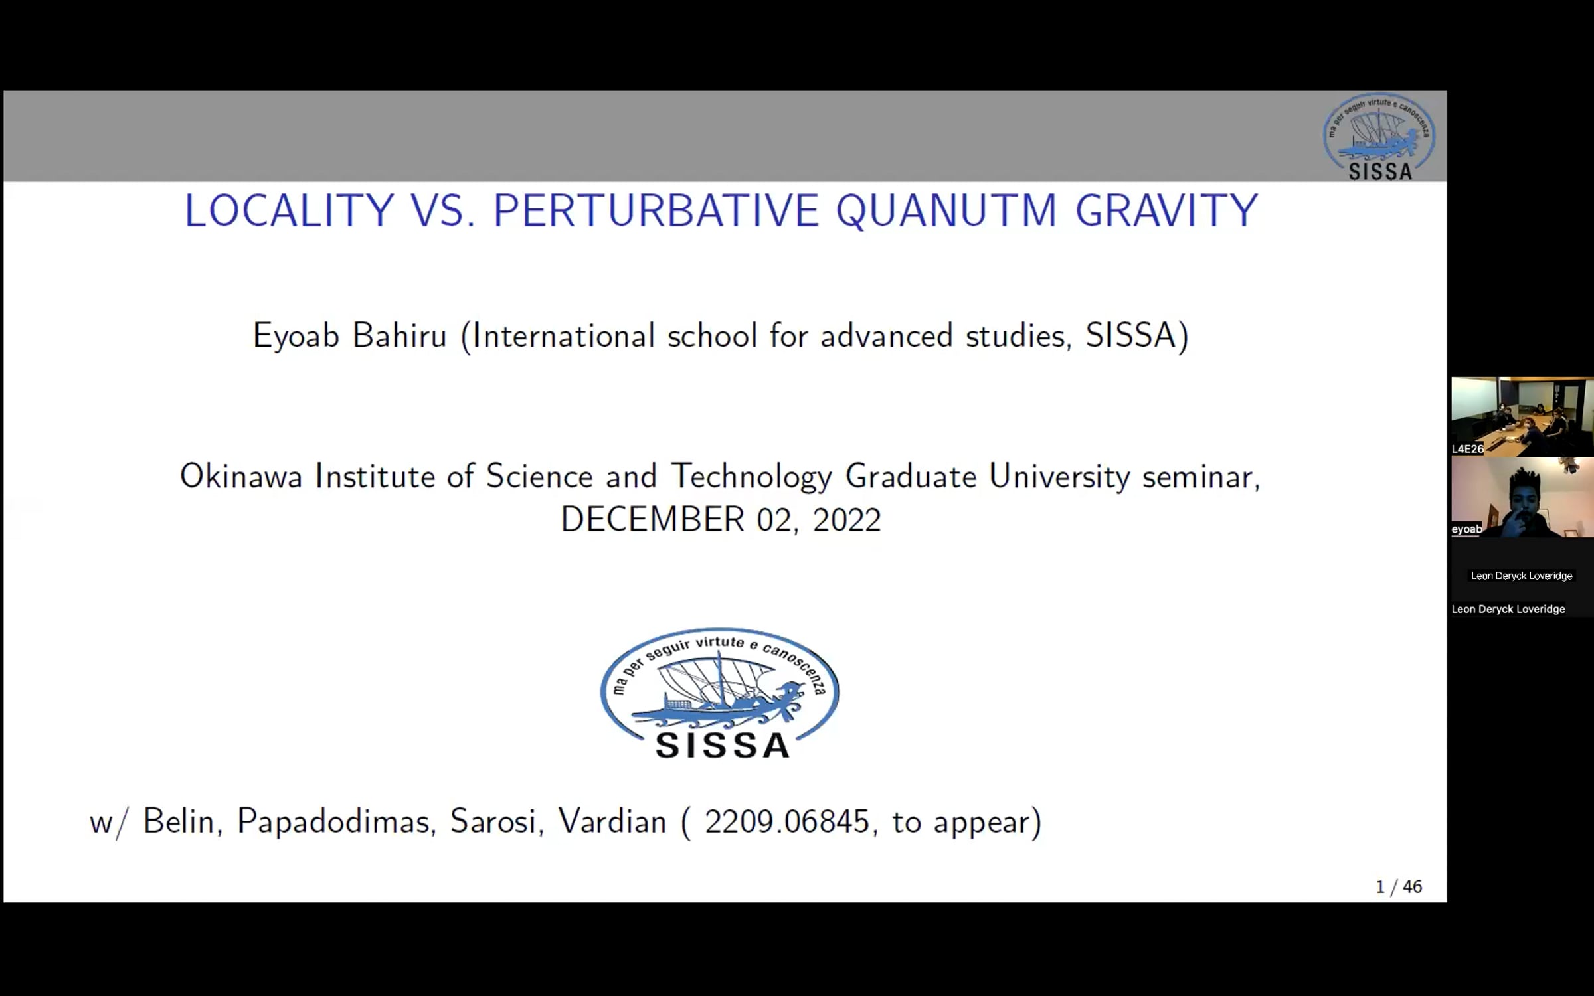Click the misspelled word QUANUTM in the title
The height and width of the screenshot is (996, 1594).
[x=946, y=211]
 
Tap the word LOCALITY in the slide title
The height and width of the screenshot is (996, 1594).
[x=289, y=210]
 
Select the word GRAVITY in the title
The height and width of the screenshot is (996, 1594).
[x=1166, y=210]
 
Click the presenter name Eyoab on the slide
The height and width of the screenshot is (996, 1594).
[x=296, y=337]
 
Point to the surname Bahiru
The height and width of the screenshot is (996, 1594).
[x=399, y=335]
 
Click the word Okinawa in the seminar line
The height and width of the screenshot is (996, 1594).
[x=241, y=476]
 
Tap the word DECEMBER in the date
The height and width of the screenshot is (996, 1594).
[x=652, y=519]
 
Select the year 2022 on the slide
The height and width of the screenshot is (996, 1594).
[x=847, y=519]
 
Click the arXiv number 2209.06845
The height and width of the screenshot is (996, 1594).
[x=786, y=821]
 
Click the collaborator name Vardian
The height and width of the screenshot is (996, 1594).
[x=612, y=821]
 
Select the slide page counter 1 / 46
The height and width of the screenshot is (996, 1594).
[x=1399, y=887]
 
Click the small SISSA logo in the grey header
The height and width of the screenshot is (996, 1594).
[x=1379, y=137]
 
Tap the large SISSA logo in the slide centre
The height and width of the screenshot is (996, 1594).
[x=720, y=693]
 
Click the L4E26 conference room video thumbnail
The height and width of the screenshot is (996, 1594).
[x=1522, y=417]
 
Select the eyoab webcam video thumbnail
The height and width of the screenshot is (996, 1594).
[x=1522, y=497]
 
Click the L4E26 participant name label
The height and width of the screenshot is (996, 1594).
[x=1467, y=449]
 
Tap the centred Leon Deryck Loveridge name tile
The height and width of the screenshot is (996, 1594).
[x=1522, y=576]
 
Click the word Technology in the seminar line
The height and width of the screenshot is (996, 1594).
[x=752, y=477]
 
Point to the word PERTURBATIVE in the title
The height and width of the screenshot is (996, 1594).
[x=656, y=210]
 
